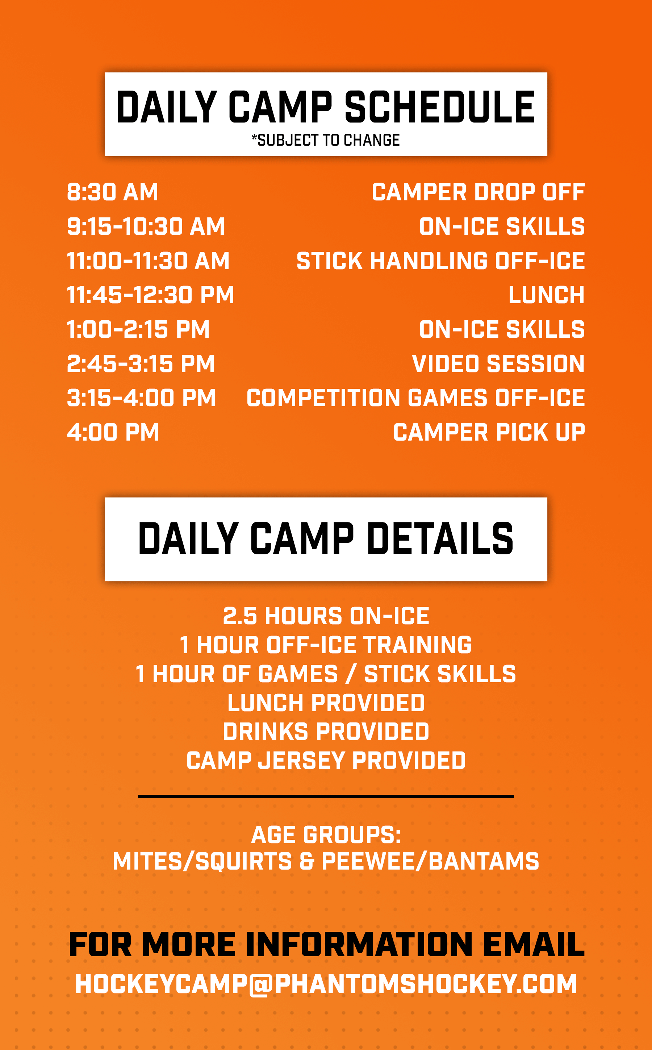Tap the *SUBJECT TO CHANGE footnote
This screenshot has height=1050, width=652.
pos(326,140)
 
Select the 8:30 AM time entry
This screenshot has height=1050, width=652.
pos(113,192)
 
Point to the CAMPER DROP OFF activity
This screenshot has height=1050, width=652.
pos(478,192)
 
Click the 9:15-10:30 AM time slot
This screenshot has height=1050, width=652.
pos(146,226)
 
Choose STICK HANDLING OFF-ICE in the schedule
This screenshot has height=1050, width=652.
pos(441,261)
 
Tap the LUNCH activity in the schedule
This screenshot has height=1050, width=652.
pos(546,295)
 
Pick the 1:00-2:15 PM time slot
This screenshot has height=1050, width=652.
pos(138,329)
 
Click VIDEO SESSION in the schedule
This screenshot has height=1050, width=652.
pos(498,363)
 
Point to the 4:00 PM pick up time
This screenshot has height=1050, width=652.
pos(113,432)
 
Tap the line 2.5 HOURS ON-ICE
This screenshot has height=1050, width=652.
pos(326,616)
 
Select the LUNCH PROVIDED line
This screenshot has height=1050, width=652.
pos(326,703)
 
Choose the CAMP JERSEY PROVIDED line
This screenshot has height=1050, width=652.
pos(326,760)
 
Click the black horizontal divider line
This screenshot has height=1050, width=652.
pos(326,796)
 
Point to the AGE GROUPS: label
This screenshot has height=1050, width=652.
pos(326,835)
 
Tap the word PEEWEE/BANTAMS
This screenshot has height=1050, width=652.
pos(430,862)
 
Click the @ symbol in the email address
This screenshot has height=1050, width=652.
pos(261,984)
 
